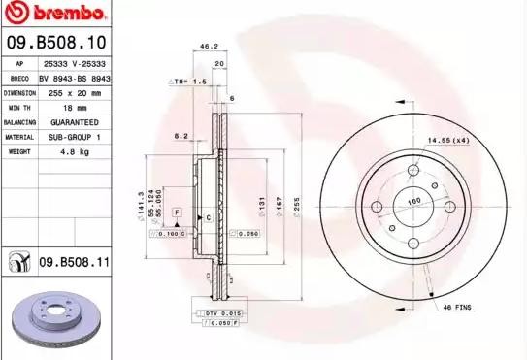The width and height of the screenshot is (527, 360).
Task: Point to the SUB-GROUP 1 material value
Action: click(x=74, y=138)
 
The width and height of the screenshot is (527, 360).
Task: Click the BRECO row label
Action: click(x=18, y=78)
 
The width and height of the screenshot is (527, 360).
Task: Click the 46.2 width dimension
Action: click(x=207, y=46)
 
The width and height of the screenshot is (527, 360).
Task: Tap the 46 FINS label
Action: click(x=456, y=307)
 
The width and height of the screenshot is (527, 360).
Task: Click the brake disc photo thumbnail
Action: click(x=53, y=320)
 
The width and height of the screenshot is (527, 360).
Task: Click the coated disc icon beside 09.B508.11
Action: click(x=18, y=261)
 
